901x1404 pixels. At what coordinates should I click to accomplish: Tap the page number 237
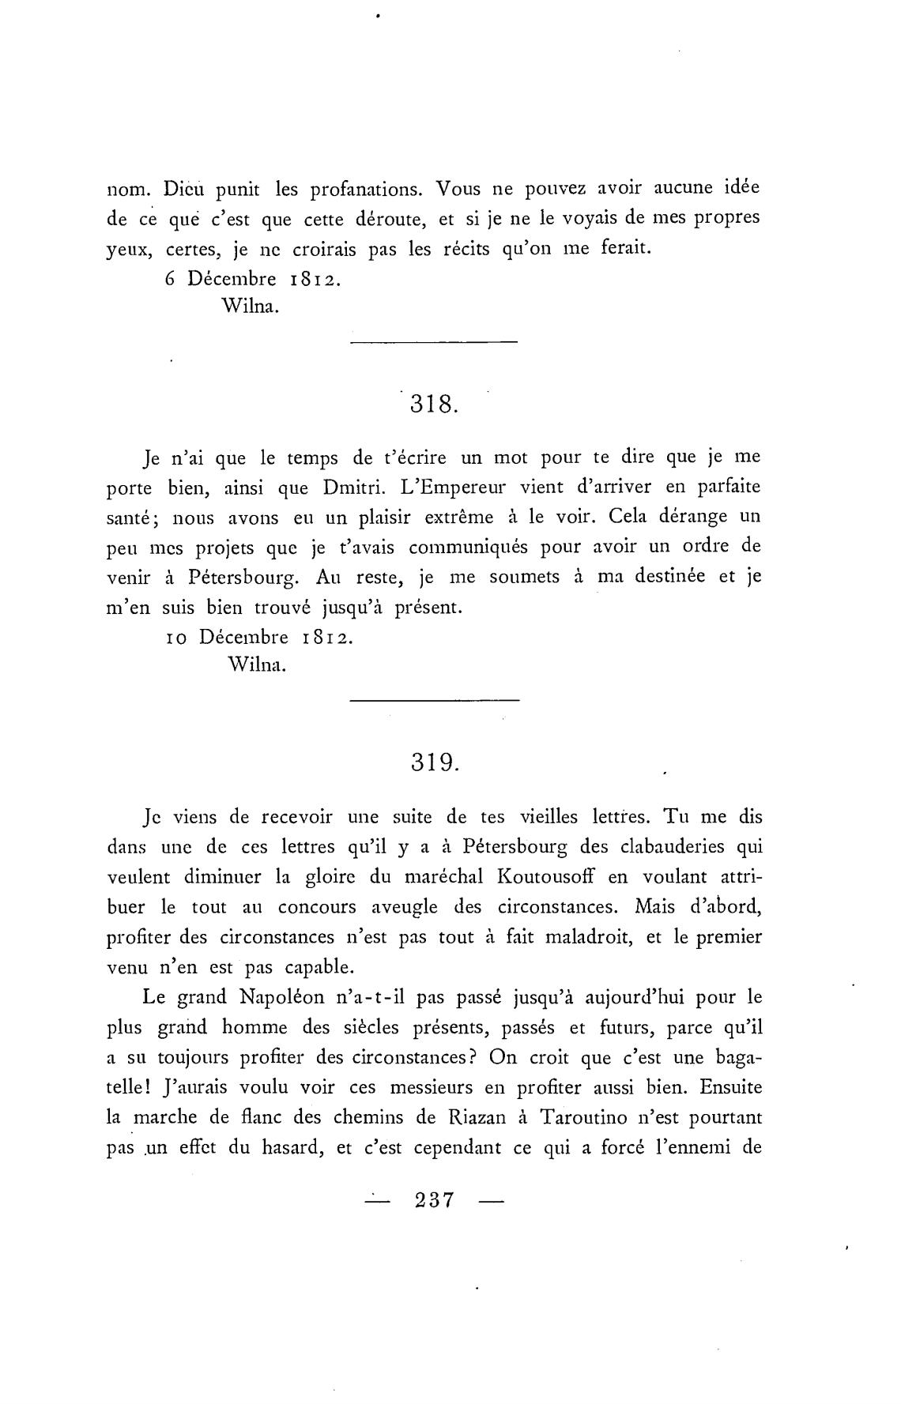434,1200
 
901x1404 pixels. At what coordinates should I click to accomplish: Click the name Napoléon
282,997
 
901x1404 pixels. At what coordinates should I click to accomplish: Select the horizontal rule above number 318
433,342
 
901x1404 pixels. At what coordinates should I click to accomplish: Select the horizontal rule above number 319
434,700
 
